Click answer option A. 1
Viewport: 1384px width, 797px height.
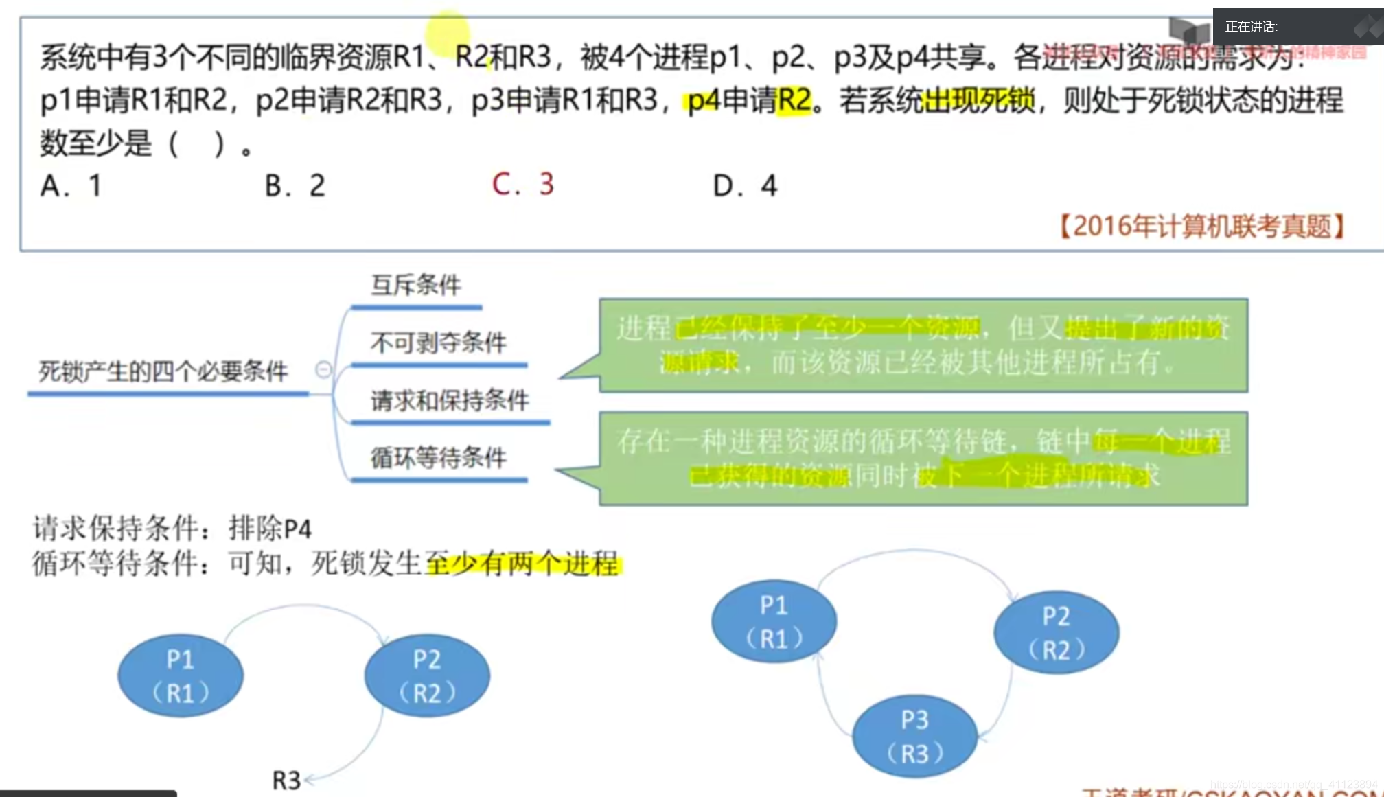coord(71,186)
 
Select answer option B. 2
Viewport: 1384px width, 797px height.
coord(295,186)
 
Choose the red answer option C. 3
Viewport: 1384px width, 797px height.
coord(522,185)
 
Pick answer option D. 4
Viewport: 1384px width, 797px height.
coord(745,186)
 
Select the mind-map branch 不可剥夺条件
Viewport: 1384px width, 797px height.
coord(439,343)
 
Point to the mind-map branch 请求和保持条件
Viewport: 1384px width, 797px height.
coord(450,400)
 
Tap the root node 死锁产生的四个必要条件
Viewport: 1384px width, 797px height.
coord(163,372)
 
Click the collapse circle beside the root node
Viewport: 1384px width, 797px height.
coord(323,370)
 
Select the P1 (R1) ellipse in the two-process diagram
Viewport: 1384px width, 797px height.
coord(181,676)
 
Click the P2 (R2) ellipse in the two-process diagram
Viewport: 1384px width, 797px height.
coord(427,676)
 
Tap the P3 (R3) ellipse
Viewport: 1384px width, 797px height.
coord(915,737)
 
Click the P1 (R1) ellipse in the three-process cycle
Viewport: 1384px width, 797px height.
coord(774,621)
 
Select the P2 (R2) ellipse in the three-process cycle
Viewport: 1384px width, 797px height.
coord(1057,632)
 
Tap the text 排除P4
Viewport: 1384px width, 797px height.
coord(270,529)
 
